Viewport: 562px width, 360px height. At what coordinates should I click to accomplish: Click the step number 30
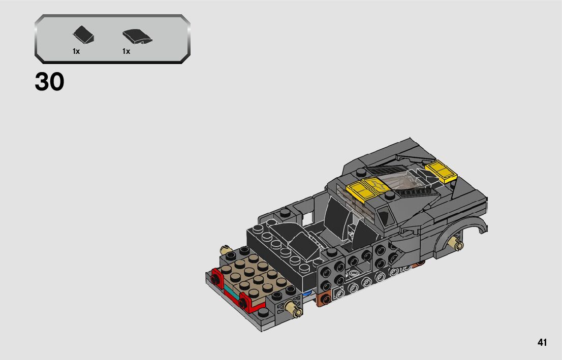[x=49, y=82]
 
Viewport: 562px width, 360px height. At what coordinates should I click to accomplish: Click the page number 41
[x=542, y=342]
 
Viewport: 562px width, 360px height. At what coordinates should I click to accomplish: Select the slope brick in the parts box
[x=83, y=35]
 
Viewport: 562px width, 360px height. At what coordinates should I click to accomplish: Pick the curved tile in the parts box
[x=137, y=37]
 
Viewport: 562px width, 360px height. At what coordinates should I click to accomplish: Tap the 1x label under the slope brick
[x=76, y=51]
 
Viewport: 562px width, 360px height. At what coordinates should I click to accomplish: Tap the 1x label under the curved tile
[x=126, y=51]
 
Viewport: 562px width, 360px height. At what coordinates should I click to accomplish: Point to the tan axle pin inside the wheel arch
[x=456, y=243]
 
